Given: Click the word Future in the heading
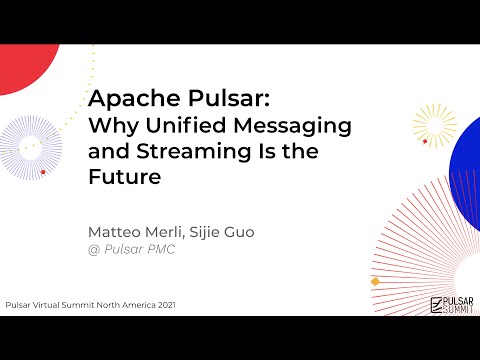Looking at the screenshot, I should pos(124,179).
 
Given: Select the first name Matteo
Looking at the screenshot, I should pos(115,232).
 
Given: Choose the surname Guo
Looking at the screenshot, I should pos(241,232).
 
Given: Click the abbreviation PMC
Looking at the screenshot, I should pos(160,250).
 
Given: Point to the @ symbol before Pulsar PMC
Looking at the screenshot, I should pos(95,250).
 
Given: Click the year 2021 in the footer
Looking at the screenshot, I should pos(163,304).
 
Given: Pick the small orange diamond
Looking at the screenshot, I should pos(375,281).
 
